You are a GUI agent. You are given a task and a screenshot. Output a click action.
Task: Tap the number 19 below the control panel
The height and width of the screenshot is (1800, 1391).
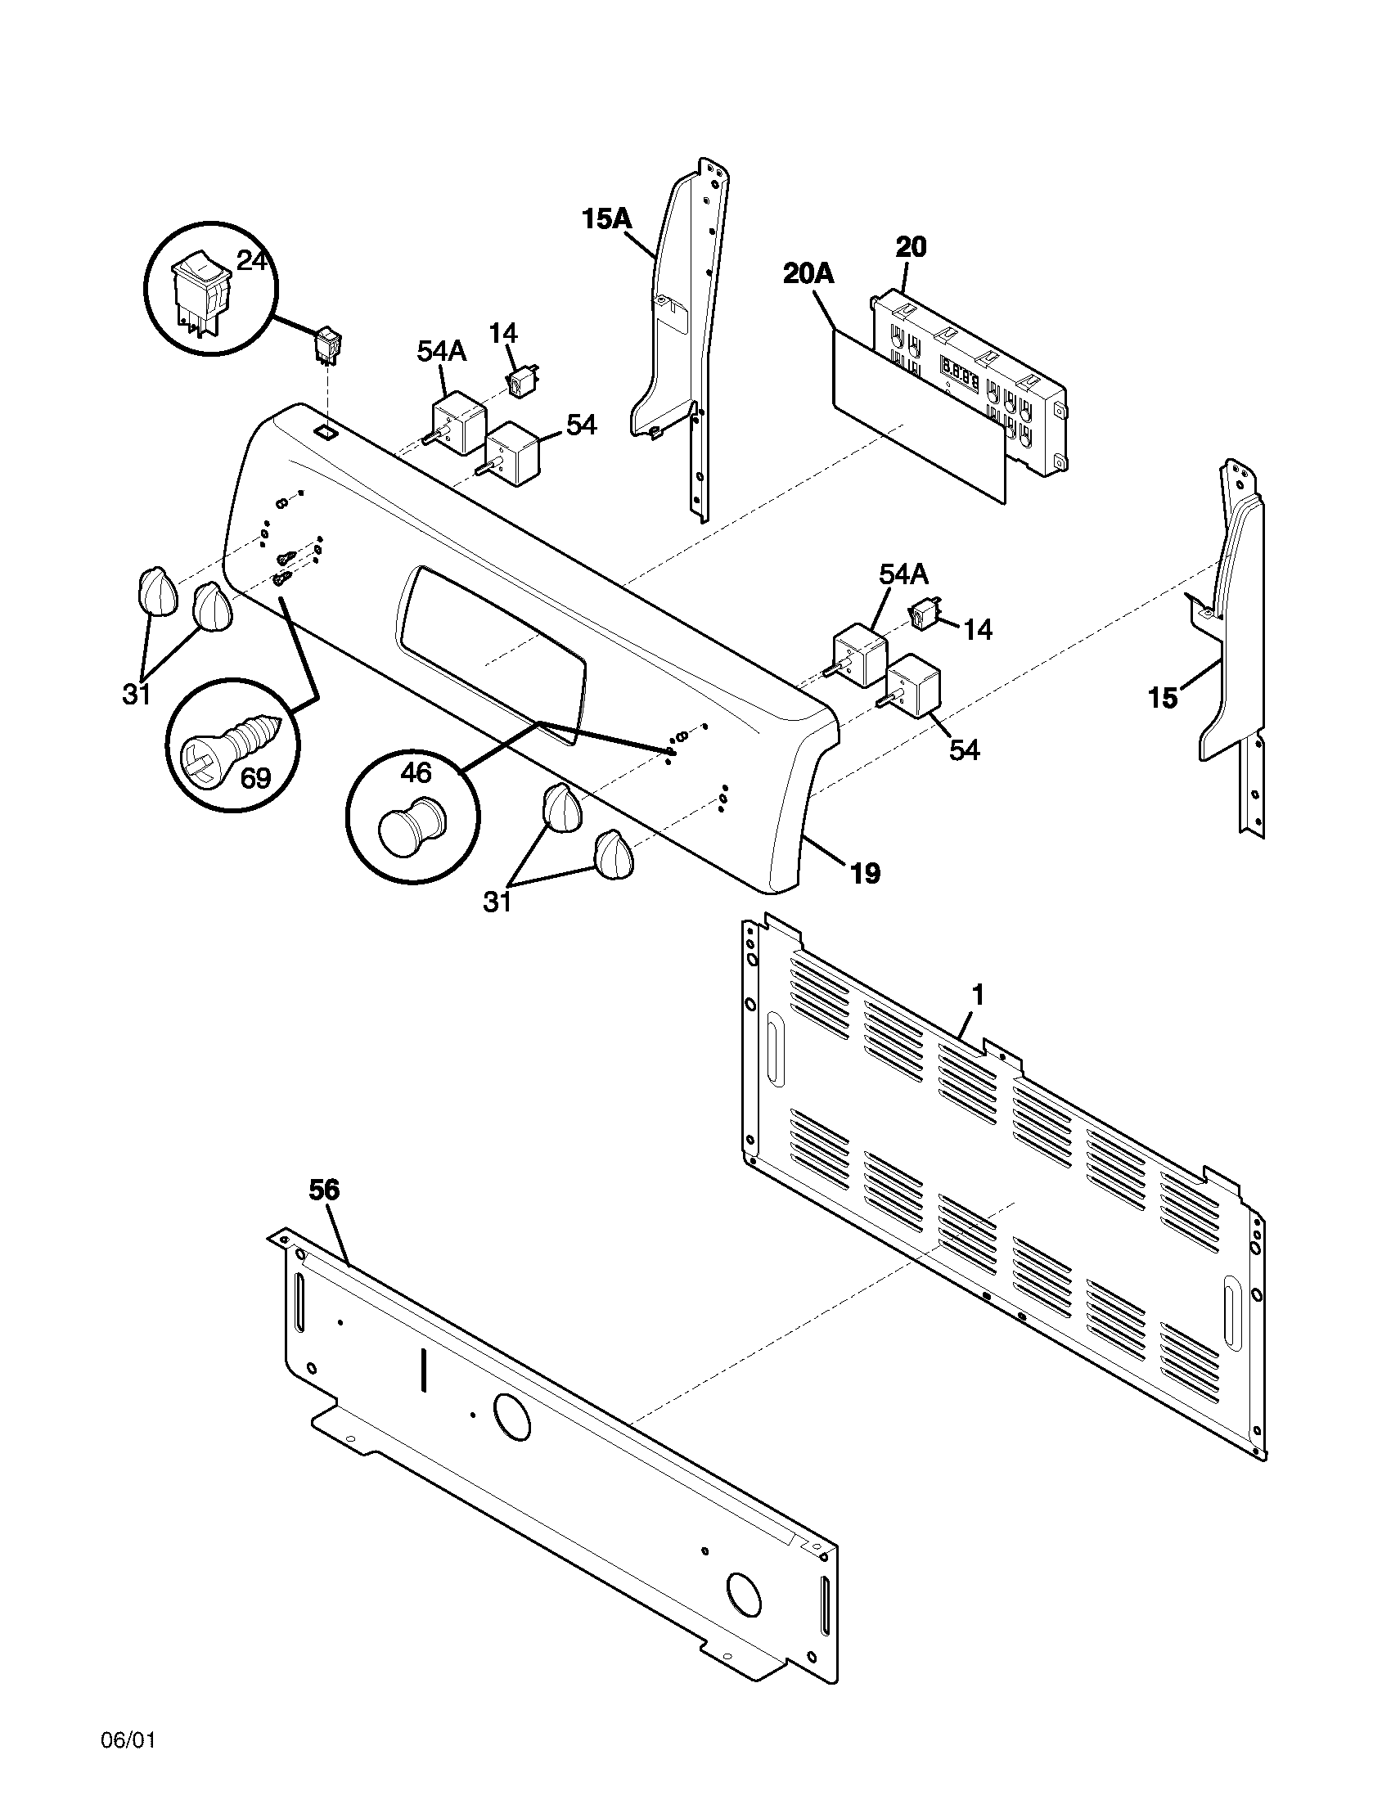(x=865, y=873)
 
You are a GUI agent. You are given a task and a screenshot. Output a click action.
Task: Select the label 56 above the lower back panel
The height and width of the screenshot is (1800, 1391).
(x=324, y=1190)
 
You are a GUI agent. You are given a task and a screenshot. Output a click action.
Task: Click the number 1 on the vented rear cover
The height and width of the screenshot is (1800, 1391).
(x=977, y=996)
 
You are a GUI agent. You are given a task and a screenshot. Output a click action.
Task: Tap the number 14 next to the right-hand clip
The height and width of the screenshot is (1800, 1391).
(x=977, y=630)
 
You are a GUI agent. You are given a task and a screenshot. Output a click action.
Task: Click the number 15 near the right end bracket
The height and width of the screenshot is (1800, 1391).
(x=1163, y=698)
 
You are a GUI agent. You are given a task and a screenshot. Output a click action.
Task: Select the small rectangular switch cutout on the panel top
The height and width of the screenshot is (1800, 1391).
(x=326, y=431)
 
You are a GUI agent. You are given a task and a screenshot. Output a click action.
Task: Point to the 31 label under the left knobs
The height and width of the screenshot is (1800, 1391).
(x=137, y=695)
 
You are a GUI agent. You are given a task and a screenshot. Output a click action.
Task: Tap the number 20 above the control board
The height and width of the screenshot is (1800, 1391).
(x=911, y=246)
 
